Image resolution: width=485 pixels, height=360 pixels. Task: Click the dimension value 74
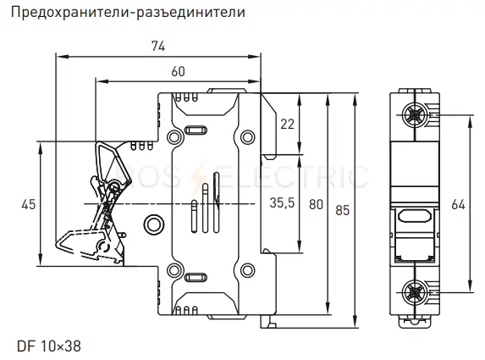pyautogui.click(x=158, y=46)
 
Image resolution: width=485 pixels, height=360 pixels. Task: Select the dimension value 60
pyautogui.click(x=178, y=71)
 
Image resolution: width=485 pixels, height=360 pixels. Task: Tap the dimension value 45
pyautogui.click(x=29, y=205)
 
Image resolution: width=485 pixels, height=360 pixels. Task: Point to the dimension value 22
pyautogui.click(x=287, y=125)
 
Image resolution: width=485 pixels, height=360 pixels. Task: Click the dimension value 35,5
pyautogui.click(x=282, y=202)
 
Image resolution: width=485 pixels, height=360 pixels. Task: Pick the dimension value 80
pyautogui.click(x=316, y=205)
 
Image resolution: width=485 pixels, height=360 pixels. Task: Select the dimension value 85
pyautogui.click(x=343, y=210)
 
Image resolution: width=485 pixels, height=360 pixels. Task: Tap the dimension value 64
pyautogui.click(x=458, y=205)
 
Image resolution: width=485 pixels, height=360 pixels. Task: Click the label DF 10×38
pyautogui.click(x=49, y=346)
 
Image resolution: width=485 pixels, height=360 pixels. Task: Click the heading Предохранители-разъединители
pyautogui.click(x=128, y=12)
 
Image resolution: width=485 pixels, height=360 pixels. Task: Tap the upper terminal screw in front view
pyautogui.click(x=415, y=115)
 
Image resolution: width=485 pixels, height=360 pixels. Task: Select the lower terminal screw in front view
pyautogui.click(x=415, y=292)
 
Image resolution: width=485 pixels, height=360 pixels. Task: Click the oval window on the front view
pyautogui.click(x=414, y=216)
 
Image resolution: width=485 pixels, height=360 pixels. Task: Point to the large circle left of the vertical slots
pyautogui.click(x=154, y=224)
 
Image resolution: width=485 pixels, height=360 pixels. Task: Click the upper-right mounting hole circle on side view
pyautogui.click(x=247, y=137)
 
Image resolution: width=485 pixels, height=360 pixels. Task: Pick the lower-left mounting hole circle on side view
pyautogui.click(x=174, y=270)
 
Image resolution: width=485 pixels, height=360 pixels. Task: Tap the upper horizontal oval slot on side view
pyautogui.click(x=196, y=130)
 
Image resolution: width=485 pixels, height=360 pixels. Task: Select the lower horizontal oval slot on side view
pyautogui.click(x=196, y=277)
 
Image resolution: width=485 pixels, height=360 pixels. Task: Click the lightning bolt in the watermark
pyautogui.click(x=201, y=177)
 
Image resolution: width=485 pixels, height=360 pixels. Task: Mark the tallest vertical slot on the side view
pyautogui.click(x=216, y=202)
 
